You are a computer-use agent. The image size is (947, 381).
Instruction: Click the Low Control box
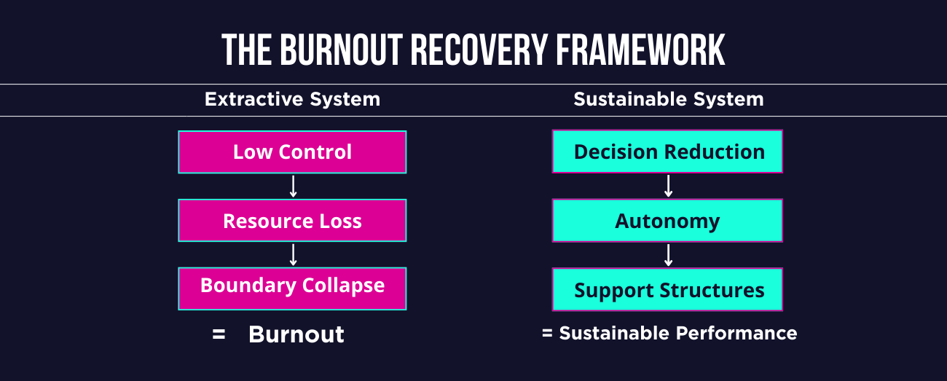[292, 152]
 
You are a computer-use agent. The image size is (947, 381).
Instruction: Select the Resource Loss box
[292, 221]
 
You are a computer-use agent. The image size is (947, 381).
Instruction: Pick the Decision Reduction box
[667, 152]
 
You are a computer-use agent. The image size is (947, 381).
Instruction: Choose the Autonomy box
[667, 221]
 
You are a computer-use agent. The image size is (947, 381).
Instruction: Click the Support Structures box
[667, 290]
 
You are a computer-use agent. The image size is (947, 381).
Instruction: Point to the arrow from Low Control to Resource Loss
[293, 186]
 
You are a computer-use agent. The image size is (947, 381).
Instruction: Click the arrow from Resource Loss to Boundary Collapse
[293, 254]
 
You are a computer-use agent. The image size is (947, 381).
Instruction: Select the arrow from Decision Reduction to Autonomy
[668, 186]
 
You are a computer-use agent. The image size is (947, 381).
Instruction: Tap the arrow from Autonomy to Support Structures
[668, 255]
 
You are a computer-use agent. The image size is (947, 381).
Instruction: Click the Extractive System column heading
[292, 99]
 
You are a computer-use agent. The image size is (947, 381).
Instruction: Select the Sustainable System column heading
[669, 99]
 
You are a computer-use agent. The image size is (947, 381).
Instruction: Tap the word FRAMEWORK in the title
[641, 50]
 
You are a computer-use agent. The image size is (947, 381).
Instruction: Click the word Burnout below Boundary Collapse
[296, 334]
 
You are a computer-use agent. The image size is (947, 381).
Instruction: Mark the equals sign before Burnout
[219, 334]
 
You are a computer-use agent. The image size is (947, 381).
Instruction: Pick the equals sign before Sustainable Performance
[547, 334]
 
